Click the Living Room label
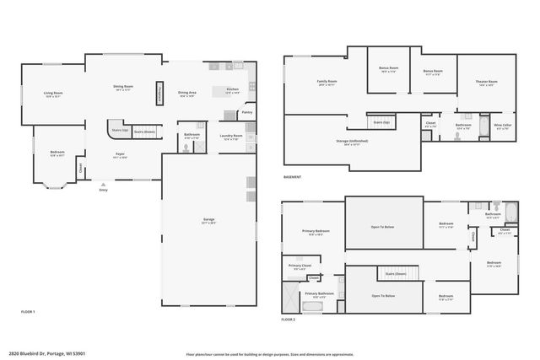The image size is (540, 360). [53, 94]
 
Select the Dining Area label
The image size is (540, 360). [186, 93]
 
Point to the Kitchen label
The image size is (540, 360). [232, 89]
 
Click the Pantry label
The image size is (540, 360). [246, 111]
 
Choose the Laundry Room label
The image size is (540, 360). [231, 135]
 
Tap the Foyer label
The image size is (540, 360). [121, 154]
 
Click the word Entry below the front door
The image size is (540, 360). [103, 190]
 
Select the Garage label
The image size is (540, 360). [208, 220]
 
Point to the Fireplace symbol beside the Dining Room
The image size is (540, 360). [159, 94]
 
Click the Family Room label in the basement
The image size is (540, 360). [326, 82]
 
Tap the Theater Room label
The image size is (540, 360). [487, 82]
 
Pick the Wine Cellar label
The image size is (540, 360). [503, 126]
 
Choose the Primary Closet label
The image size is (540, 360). [300, 266]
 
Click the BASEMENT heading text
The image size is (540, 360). [292, 177]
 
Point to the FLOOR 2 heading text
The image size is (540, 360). [289, 320]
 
